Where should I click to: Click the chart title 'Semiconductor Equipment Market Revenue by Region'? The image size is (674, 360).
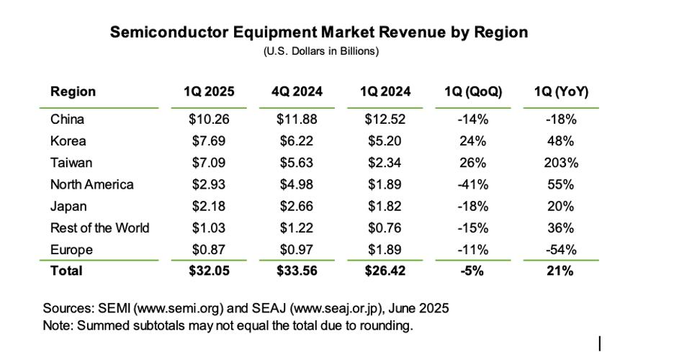[x=318, y=32]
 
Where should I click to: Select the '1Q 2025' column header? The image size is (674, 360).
[x=209, y=92]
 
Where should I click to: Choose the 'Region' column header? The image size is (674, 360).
[x=73, y=92]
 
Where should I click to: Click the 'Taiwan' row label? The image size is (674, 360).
[x=71, y=163]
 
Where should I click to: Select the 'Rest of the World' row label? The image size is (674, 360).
[x=99, y=228]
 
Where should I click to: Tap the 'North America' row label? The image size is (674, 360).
[x=91, y=184]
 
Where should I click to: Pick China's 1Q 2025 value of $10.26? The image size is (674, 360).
[x=209, y=120]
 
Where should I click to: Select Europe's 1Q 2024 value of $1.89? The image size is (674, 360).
[x=387, y=249]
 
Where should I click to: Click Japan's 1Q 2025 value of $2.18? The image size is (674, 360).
[x=209, y=206]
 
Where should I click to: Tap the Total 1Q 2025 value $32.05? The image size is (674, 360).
[x=209, y=271]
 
